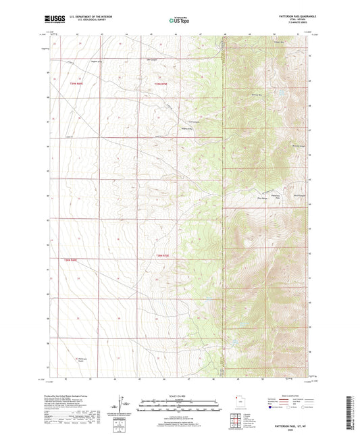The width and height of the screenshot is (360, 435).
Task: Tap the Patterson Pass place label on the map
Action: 275,197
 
